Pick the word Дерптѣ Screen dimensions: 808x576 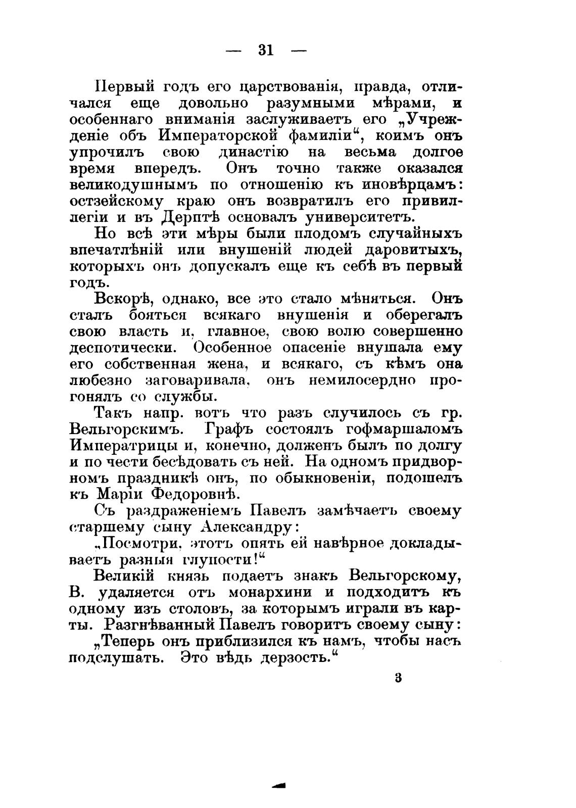tap(190, 217)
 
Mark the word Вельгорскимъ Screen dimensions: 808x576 tap(124, 429)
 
